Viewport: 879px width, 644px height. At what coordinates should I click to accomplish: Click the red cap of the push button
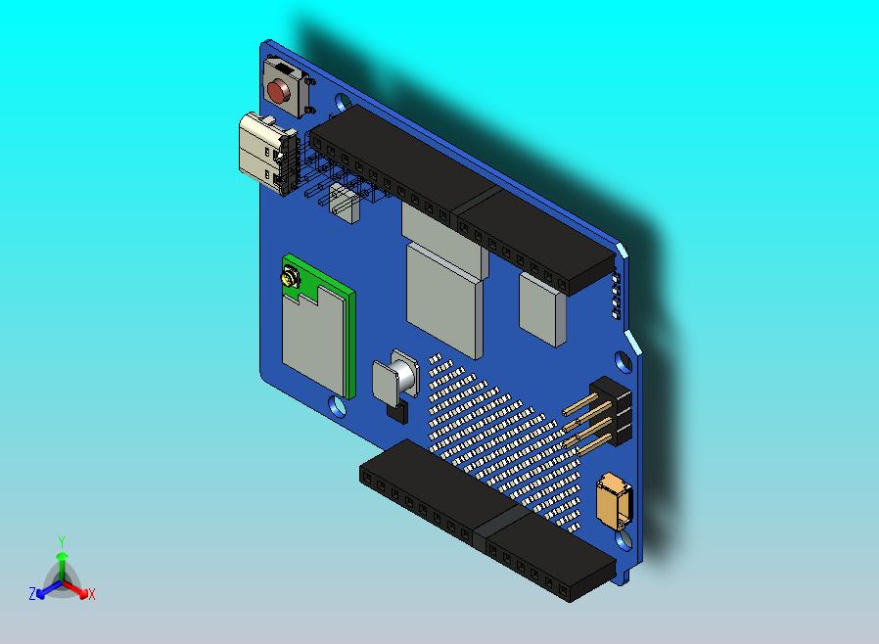[x=279, y=93]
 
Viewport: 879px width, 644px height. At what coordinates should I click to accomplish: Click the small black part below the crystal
[x=396, y=409]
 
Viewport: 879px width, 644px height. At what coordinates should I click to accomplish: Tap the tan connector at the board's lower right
[x=613, y=500]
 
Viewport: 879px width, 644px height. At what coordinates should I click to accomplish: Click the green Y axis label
[x=61, y=541]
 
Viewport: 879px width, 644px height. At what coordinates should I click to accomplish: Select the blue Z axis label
[x=31, y=593]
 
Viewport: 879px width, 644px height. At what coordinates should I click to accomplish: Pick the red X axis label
[x=91, y=593]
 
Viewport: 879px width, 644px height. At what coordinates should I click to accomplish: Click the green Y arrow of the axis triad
[x=61, y=564]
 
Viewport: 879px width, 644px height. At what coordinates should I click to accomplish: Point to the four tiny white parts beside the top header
[x=616, y=297]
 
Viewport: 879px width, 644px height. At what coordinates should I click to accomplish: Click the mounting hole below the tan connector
[x=625, y=540]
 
